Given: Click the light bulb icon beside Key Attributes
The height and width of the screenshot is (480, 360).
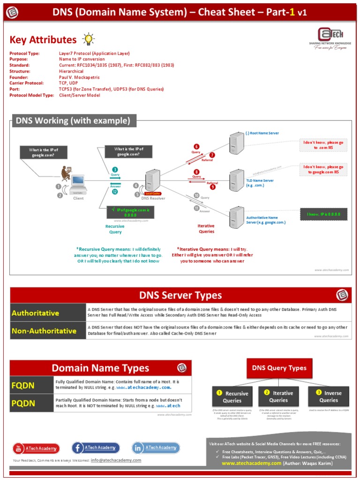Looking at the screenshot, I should [88, 39].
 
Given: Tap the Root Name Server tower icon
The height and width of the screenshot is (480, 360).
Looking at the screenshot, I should [236, 142].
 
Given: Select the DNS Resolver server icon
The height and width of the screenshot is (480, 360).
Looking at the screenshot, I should [152, 180].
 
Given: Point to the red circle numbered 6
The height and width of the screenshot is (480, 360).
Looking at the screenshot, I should [196, 147].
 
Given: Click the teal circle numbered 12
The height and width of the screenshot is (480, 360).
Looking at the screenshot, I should [115, 192].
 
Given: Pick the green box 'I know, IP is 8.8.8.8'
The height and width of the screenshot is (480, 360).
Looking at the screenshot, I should [323, 214].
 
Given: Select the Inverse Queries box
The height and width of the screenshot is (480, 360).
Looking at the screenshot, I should [329, 397].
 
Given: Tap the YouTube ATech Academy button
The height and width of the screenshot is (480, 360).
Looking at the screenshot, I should [37, 448].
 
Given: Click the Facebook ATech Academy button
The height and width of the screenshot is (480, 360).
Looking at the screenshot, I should [96, 448].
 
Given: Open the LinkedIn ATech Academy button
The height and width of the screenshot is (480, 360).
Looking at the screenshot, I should [156, 448].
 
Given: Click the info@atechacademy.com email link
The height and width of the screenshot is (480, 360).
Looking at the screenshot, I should [116, 460].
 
